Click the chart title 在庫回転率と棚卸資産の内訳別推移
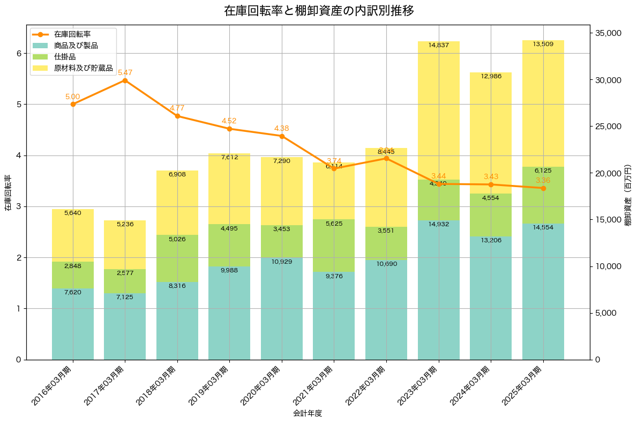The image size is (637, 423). tap(319, 11)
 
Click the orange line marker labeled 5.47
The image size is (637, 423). tap(125, 80)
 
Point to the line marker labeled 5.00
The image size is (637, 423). tap(73, 104)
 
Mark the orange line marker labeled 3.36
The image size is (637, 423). tap(543, 188)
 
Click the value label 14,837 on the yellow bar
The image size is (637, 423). tap(439, 45)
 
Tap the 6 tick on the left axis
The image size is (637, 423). tap(18, 53)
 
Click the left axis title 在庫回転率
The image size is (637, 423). tap(8, 192)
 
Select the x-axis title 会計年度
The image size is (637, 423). tap(308, 413)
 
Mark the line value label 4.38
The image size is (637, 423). tap(282, 128)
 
